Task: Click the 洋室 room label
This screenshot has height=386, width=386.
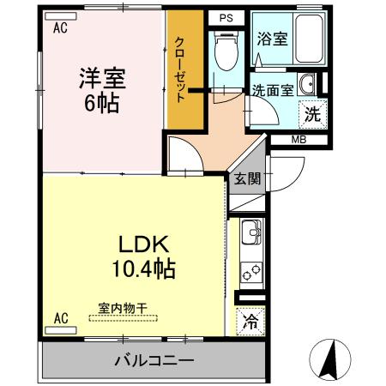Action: (x=102, y=78)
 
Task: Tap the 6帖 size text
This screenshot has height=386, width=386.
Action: (x=102, y=104)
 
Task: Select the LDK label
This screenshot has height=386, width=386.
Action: (x=142, y=242)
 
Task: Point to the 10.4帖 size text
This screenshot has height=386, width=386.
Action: (x=142, y=268)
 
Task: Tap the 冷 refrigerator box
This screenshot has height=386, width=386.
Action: (x=250, y=322)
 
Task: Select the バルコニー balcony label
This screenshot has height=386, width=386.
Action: (x=154, y=359)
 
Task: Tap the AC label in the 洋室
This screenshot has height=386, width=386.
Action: (x=60, y=27)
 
